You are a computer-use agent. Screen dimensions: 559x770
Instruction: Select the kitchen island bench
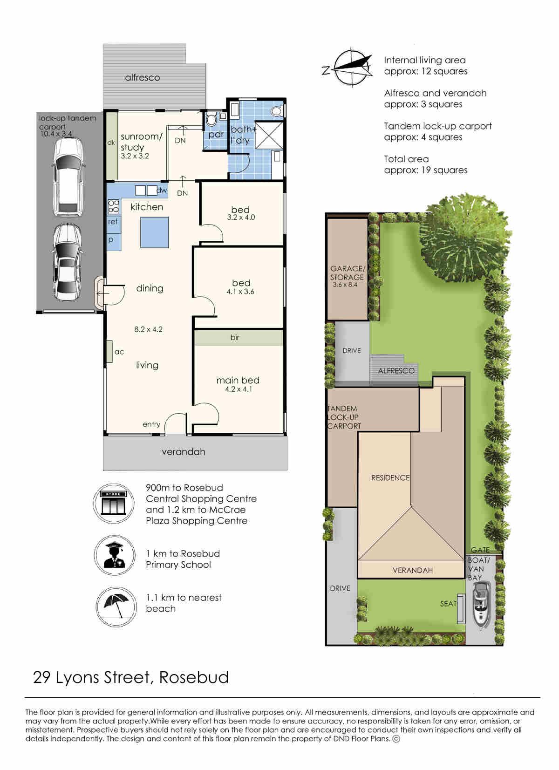[154, 232]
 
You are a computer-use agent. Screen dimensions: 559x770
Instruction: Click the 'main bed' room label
[238, 380]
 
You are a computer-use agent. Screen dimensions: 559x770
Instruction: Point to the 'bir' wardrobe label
[235, 338]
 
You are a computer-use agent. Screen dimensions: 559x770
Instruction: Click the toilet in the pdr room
[211, 120]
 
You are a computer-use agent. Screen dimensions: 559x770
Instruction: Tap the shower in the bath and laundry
[269, 136]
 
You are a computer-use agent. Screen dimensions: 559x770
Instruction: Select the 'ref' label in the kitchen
[113, 222]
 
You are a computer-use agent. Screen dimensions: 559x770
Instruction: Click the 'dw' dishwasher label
[162, 190]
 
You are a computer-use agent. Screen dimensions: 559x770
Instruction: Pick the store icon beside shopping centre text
[114, 503]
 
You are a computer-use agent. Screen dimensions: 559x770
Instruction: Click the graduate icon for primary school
[115, 555]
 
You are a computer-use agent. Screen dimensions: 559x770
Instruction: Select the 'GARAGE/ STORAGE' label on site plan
[347, 273]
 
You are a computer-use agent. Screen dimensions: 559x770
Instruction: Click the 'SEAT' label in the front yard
[448, 604]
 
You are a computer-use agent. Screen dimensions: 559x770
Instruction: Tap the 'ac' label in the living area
[119, 352]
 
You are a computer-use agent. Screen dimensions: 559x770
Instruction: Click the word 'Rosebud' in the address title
[194, 677]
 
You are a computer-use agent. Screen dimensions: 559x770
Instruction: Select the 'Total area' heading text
[406, 159]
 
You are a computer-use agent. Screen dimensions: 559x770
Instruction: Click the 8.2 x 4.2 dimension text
[148, 329]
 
